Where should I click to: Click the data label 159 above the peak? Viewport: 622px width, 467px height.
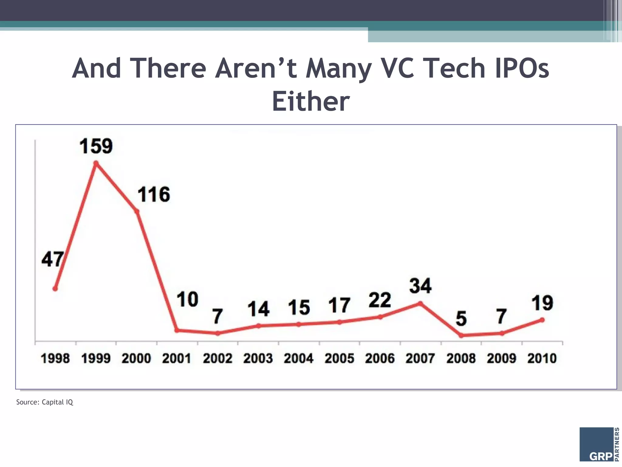(96, 146)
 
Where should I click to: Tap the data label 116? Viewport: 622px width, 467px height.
(154, 195)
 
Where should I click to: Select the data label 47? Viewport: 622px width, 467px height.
(53, 259)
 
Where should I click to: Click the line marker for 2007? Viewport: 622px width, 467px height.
(420, 303)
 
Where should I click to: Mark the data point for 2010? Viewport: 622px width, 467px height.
(542, 320)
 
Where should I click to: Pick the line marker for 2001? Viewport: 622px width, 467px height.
(177, 330)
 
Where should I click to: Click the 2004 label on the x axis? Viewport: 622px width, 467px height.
(299, 358)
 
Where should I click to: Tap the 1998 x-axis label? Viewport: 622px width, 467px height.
(55, 358)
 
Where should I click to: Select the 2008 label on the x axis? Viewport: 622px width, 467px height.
(461, 358)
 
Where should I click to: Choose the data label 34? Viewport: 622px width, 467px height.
(420, 286)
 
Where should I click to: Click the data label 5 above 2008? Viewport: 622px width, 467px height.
(461, 319)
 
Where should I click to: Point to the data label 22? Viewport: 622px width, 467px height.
(380, 300)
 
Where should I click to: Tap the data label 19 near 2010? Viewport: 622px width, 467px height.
(542, 303)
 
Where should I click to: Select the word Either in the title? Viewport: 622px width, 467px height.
(311, 101)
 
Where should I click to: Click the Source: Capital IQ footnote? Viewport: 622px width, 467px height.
(45, 402)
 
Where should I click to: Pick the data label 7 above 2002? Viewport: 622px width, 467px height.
(217, 317)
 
